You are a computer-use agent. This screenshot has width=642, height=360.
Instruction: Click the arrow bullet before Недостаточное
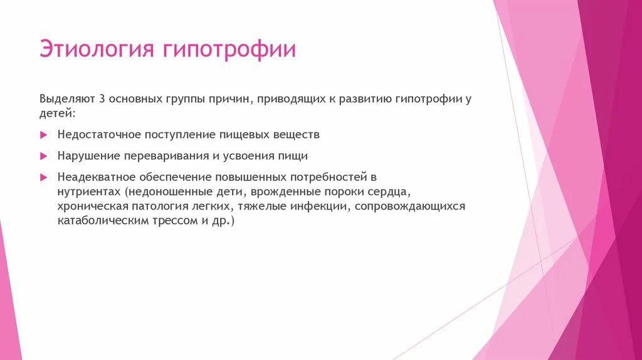pos(43,135)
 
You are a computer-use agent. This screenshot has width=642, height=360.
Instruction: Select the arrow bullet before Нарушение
pos(43,156)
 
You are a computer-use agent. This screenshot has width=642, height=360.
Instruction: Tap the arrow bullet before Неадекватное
pos(43,177)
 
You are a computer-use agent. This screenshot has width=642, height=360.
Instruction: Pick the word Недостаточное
pos(96,135)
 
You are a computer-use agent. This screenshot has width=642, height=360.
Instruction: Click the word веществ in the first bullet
pos(297,135)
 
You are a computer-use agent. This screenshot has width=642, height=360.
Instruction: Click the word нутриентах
pos(88,191)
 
